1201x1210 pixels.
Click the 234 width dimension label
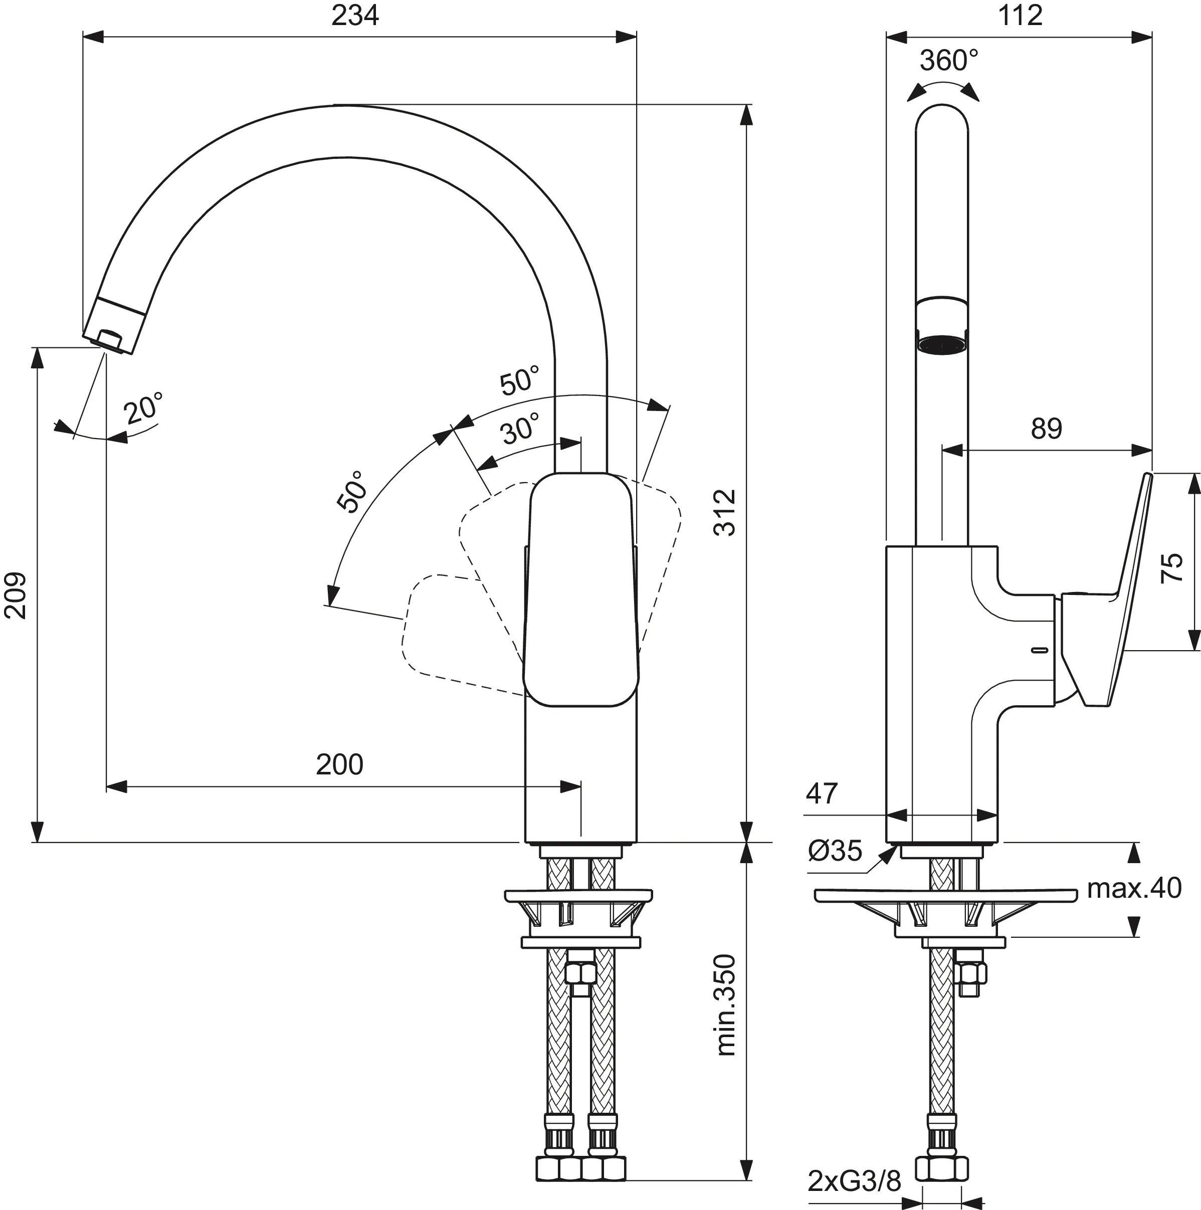(x=355, y=16)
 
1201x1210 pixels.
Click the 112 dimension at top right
(x=1020, y=16)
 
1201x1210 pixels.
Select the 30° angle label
(x=520, y=430)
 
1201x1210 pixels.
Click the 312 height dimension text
(x=726, y=513)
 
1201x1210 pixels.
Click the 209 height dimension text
(x=16, y=595)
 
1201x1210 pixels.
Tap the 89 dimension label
(x=1046, y=429)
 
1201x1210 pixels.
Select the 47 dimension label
(x=822, y=794)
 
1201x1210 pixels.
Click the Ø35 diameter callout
(x=835, y=851)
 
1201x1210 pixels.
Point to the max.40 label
(x=1134, y=888)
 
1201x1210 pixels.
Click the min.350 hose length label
(x=726, y=1005)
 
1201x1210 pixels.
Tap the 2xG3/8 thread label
(x=854, y=1182)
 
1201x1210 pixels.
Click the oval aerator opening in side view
(x=942, y=345)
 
